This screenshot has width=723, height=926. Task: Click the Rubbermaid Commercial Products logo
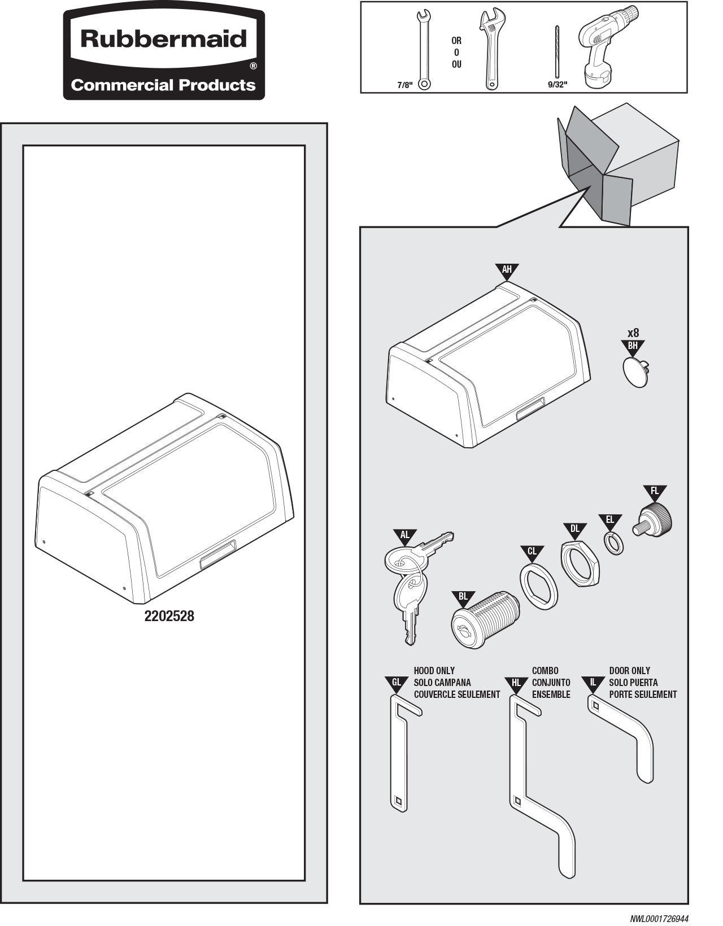(x=164, y=55)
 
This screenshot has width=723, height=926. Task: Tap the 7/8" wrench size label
(x=404, y=85)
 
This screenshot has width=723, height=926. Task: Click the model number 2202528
(x=169, y=616)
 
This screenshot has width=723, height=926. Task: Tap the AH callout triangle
(x=507, y=270)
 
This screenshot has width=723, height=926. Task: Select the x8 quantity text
(x=633, y=333)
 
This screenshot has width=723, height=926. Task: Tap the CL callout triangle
(x=532, y=552)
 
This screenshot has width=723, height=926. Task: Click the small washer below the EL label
(x=614, y=543)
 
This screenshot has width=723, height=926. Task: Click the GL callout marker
(x=397, y=683)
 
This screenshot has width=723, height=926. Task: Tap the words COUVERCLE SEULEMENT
(x=456, y=694)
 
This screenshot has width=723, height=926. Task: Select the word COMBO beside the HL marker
(x=545, y=671)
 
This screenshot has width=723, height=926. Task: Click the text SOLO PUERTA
(x=633, y=683)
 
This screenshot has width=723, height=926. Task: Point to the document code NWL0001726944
(x=659, y=919)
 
